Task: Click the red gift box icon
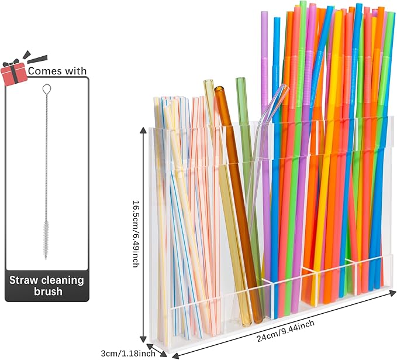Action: [14, 73]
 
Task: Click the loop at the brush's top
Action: [46, 90]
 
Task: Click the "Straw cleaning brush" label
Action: [46, 286]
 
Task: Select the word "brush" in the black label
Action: [47, 292]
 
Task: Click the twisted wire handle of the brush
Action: [46, 152]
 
